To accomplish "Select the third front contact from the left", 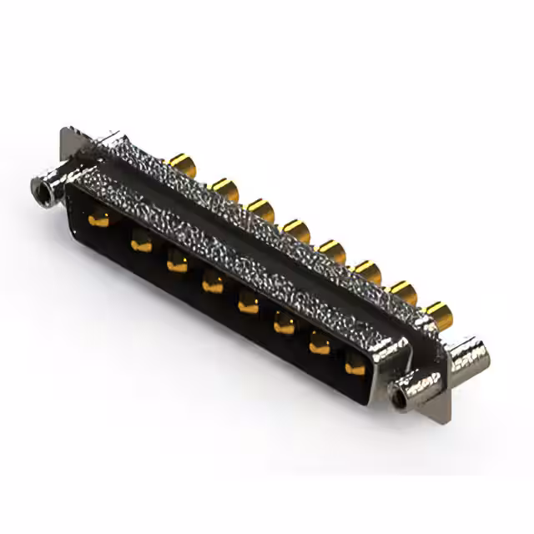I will click(177, 265).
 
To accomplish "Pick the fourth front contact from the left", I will click(213, 286).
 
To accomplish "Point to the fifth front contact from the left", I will click(249, 306).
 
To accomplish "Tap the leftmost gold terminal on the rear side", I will click(179, 161).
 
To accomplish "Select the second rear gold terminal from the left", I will click(224, 187).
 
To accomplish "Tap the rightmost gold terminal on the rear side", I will click(436, 313).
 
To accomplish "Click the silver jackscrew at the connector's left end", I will click(47, 188).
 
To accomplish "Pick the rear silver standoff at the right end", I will click(469, 355).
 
